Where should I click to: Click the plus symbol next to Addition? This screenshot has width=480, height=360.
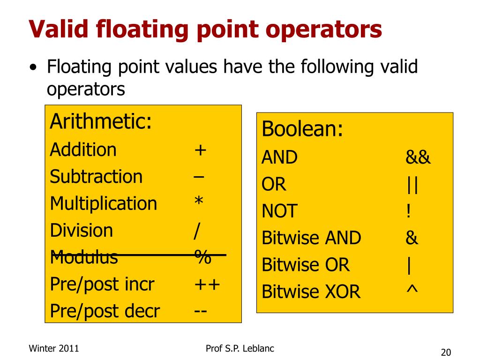201,150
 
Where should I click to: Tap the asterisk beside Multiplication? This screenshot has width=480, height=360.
199,202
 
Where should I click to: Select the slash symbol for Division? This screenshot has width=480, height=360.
197,231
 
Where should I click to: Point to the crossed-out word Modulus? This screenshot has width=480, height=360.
84,257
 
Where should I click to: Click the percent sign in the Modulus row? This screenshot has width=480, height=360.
203,257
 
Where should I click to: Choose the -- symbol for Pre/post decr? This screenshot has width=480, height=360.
201,311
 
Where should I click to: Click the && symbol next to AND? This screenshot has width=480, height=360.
418,157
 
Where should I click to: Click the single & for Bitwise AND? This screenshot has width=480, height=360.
412,238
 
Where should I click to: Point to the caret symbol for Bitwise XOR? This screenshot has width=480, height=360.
412,291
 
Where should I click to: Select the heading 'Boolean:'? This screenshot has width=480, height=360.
302,129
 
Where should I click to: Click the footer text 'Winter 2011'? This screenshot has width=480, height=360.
54,348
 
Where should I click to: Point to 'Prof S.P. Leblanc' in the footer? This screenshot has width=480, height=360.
240,348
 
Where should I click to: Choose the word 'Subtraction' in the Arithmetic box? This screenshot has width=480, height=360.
96,177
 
